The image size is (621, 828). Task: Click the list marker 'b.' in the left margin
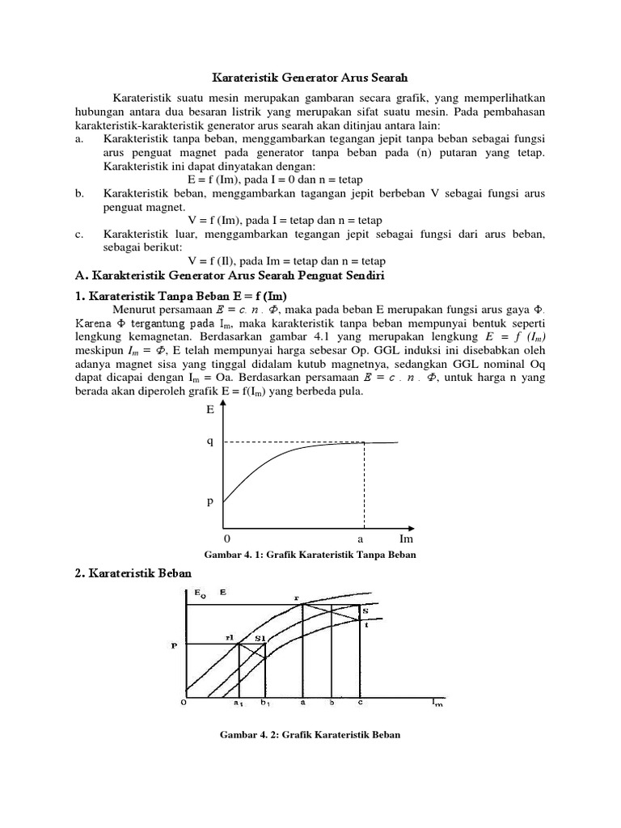tap(79, 193)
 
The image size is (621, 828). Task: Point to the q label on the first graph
tap(210, 442)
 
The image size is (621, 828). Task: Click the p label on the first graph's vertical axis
tap(210, 501)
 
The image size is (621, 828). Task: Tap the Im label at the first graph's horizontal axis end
tap(406, 539)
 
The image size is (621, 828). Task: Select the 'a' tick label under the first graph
tap(361, 539)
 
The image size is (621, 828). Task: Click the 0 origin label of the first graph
tap(226, 539)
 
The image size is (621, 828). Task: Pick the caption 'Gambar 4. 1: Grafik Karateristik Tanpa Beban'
tap(311, 556)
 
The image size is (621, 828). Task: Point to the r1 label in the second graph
tap(230, 637)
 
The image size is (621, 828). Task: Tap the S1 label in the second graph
tap(260, 638)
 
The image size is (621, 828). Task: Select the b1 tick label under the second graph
tap(265, 703)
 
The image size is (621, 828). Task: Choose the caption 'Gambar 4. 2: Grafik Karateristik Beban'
tap(310, 735)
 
